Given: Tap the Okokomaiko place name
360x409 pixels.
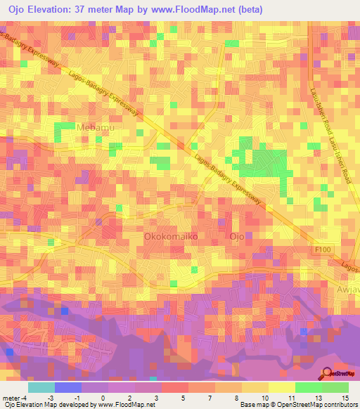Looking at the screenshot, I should coord(172,238).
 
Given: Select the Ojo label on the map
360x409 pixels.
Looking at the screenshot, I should coord(237,238).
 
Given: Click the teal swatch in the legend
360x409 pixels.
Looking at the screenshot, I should coord(41,387).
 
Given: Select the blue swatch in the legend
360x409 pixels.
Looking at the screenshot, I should coord(68,387).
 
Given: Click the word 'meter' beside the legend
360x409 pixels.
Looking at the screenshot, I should coord(11,398).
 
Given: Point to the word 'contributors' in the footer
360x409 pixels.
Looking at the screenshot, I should coord(338,405).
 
